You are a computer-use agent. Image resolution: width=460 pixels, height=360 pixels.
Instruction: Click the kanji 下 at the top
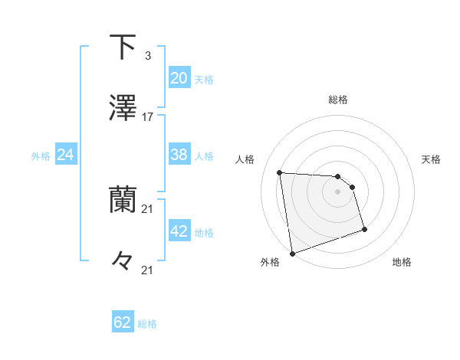[x=123, y=47]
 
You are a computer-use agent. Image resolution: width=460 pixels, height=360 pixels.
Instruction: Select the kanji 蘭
[x=123, y=200]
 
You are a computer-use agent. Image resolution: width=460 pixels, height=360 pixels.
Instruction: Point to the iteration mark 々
[x=123, y=261]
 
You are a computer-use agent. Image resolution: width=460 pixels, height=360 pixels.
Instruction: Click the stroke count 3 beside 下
[x=147, y=56]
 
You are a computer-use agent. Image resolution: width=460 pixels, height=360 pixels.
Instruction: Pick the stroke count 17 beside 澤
[x=148, y=117]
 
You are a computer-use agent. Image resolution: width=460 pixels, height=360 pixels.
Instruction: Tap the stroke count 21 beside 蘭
[x=148, y=209]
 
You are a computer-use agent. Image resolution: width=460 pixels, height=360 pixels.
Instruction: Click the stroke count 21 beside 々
[x=148, y=270]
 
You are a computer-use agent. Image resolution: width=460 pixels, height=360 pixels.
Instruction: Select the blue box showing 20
[x=179, y=78]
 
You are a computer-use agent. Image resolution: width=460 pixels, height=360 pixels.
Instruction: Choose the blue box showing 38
[x=179, y=155]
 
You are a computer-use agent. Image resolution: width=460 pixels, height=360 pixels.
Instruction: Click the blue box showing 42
[x=179, y=231]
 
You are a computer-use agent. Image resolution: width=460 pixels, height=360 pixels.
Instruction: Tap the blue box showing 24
[x=65, y=155]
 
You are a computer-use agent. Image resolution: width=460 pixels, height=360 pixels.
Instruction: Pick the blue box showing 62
[x=123, y=322]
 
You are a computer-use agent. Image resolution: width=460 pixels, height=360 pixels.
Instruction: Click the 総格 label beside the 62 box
[x=147, y=324]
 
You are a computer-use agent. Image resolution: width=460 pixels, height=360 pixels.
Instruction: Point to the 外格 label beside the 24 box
[x=41, y=156]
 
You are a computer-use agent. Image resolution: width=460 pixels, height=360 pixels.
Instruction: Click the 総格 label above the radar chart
[x=338, y=100]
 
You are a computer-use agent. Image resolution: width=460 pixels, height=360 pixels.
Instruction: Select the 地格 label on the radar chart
[x=402, y=262]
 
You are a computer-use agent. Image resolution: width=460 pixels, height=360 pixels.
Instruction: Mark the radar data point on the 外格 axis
[x=292, y=253]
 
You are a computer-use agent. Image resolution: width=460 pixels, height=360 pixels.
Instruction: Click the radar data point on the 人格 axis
[x=280, y=172]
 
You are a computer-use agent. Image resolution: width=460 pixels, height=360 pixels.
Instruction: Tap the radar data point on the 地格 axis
[x=364, y=229]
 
